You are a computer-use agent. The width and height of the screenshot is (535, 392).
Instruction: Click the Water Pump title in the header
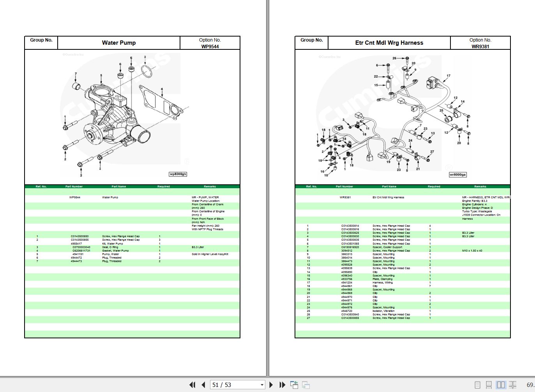click(119, 43)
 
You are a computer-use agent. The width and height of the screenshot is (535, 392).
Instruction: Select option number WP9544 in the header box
click(210, 46)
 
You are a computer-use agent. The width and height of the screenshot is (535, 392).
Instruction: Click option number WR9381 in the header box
click(480, 46)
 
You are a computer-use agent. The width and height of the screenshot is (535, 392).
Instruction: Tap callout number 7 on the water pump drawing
click(76, 73)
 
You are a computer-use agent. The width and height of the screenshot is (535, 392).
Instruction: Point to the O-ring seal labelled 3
click(147, 72)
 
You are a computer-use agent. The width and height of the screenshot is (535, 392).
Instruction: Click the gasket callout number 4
click(162, 89)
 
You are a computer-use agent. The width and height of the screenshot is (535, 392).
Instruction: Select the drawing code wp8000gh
click(178, 174)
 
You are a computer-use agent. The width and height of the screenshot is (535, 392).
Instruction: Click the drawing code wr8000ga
click(457, 175)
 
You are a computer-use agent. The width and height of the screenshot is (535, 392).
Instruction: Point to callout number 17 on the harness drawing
click(448, 76)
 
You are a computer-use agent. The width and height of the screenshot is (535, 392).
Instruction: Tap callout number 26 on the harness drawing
click(394, 58)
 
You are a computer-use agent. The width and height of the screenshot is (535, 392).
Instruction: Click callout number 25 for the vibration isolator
click(441, 110)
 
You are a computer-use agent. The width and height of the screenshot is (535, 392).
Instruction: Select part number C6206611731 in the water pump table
click(81, 251)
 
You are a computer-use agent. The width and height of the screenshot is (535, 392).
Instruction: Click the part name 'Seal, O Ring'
click(110, 247)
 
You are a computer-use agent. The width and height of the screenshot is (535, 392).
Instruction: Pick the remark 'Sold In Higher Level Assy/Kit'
click(210, 254)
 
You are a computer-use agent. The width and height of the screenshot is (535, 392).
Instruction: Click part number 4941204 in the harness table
click(346, 283)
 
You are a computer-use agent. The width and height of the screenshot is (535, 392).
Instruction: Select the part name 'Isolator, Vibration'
click(383, 311)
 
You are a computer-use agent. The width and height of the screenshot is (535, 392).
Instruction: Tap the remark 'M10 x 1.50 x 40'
click(472, 251)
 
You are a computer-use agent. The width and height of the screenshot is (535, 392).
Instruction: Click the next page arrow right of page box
click(271, 385)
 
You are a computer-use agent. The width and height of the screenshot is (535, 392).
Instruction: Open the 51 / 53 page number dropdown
click(262, 385)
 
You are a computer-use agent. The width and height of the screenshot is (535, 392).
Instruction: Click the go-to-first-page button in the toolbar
click(192, 385)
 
